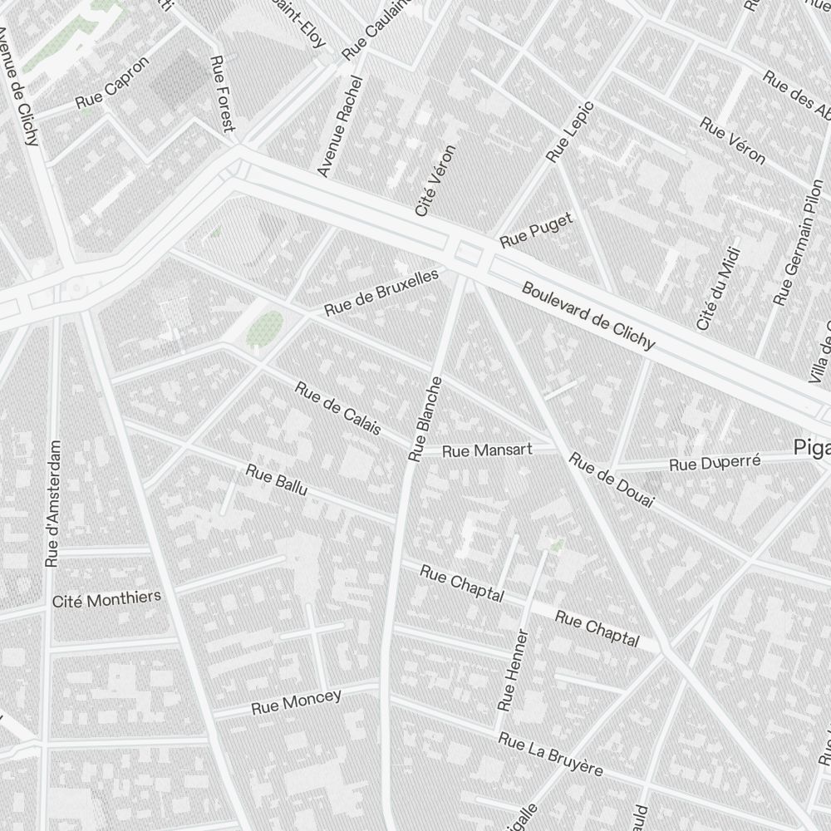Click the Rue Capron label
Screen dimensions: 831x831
[x=112, y=84]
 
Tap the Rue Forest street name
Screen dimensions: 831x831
[x=224, y=94]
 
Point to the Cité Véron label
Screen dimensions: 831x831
[x=436, y=181]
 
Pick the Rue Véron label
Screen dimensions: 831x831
[x=732, y=140]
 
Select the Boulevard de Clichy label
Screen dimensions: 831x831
[x=588, y=316]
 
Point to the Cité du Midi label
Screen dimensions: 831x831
[x=716, y=293]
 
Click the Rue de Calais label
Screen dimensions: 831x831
[x=338, y=408]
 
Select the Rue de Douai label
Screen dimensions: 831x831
[x=612, y=479]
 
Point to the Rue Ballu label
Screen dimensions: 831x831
[x=277, y=480]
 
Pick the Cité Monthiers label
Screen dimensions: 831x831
[x=106, y=599]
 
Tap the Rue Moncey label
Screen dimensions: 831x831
[x=297, y=702]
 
